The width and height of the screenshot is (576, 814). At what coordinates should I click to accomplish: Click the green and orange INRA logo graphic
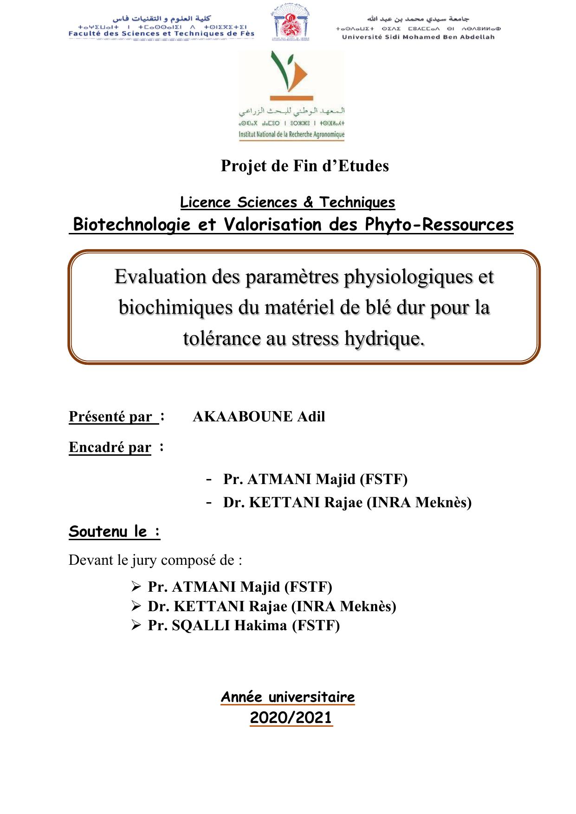(291, 74)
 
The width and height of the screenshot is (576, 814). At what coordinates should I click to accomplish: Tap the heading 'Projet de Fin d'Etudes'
(304, 166)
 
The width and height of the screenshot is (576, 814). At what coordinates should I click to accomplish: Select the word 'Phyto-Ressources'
(439, 225)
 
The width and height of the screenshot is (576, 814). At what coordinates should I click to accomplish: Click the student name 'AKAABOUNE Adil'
(259, 417)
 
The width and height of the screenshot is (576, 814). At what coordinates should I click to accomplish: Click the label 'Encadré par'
(110, 447)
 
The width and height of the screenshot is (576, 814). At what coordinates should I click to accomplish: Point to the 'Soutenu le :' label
(114, 531)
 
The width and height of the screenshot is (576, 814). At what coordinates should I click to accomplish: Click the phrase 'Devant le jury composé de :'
(155, 560)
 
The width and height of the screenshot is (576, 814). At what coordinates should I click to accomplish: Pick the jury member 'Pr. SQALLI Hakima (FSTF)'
(244, 626)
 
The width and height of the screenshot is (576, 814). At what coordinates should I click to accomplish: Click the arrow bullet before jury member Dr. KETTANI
(136, 607)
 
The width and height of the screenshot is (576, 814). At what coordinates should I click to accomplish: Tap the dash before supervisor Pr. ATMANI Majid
(209, 478)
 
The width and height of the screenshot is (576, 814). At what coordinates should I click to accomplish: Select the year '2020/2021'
(291, 717)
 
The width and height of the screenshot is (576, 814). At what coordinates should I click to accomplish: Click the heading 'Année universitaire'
(288, 697)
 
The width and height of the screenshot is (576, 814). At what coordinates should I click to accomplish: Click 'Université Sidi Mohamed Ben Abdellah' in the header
(418, 37)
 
